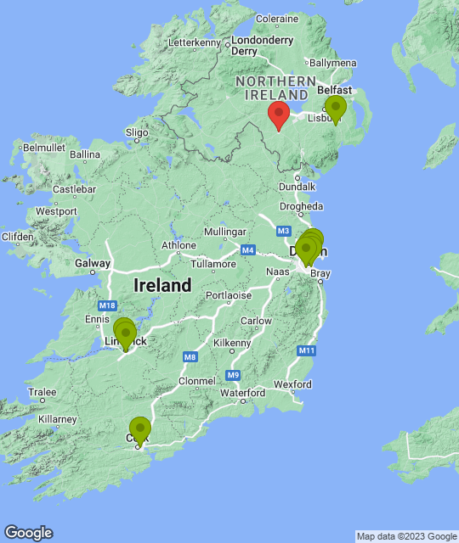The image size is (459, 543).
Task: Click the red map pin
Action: tap(278, 115)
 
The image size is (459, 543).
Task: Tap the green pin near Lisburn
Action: tap(336, 108)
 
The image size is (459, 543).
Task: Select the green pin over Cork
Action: tap(139, 429)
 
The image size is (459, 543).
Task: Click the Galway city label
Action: tap(92, 263)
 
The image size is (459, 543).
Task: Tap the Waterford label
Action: tap(242, 393)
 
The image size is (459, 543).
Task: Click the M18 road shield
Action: tap(106, 305)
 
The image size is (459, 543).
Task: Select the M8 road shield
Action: tap(189, 357)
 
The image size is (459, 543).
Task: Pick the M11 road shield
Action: tap(307, 350)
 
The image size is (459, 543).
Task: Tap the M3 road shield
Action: tap(283, 231)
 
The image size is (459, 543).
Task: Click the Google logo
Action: tap(28, 533)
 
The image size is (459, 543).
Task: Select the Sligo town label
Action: tap(137, 132)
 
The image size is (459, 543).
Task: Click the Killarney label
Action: tap(56, 419)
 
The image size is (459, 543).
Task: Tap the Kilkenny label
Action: tap(233, 343)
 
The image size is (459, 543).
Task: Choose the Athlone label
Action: tap(179, 246)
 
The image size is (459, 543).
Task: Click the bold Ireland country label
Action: tap(162, 286)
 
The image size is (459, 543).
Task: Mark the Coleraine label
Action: tap(277, 18)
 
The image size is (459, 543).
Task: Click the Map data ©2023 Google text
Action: tap(406, 536)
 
